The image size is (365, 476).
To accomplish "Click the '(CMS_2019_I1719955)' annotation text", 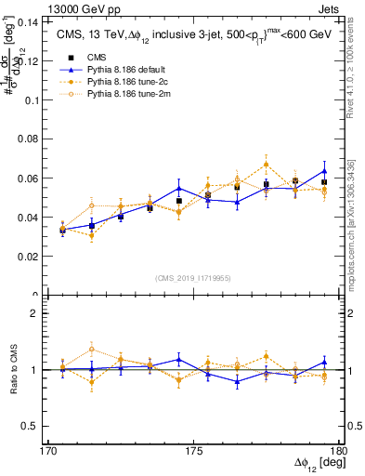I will pyautogui.click(x=193, y=277).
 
